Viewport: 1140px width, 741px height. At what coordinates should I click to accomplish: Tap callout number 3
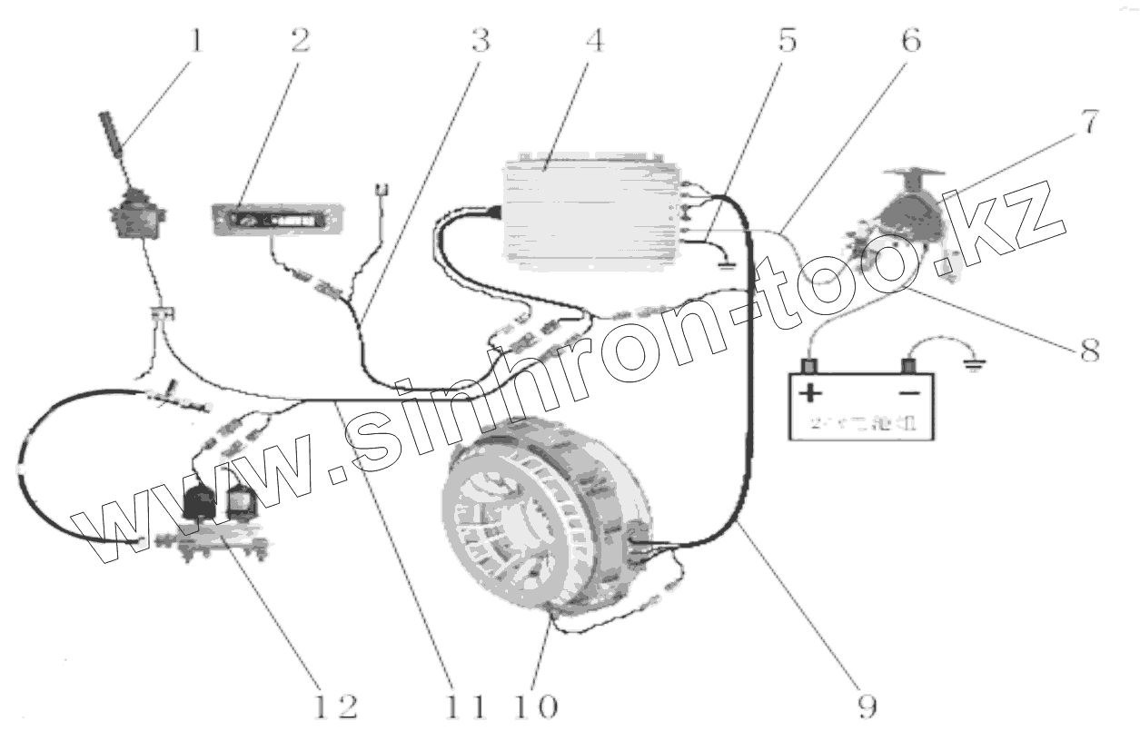[x=481, y=41]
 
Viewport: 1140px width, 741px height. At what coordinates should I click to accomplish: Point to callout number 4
[x=594, y=42]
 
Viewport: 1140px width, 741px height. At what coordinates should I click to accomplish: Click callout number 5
[x=788, y=41]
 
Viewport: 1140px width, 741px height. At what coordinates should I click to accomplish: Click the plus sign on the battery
[x=809, y=393]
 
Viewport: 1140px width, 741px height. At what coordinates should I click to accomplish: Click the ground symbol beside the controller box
[x=725, y=264]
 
